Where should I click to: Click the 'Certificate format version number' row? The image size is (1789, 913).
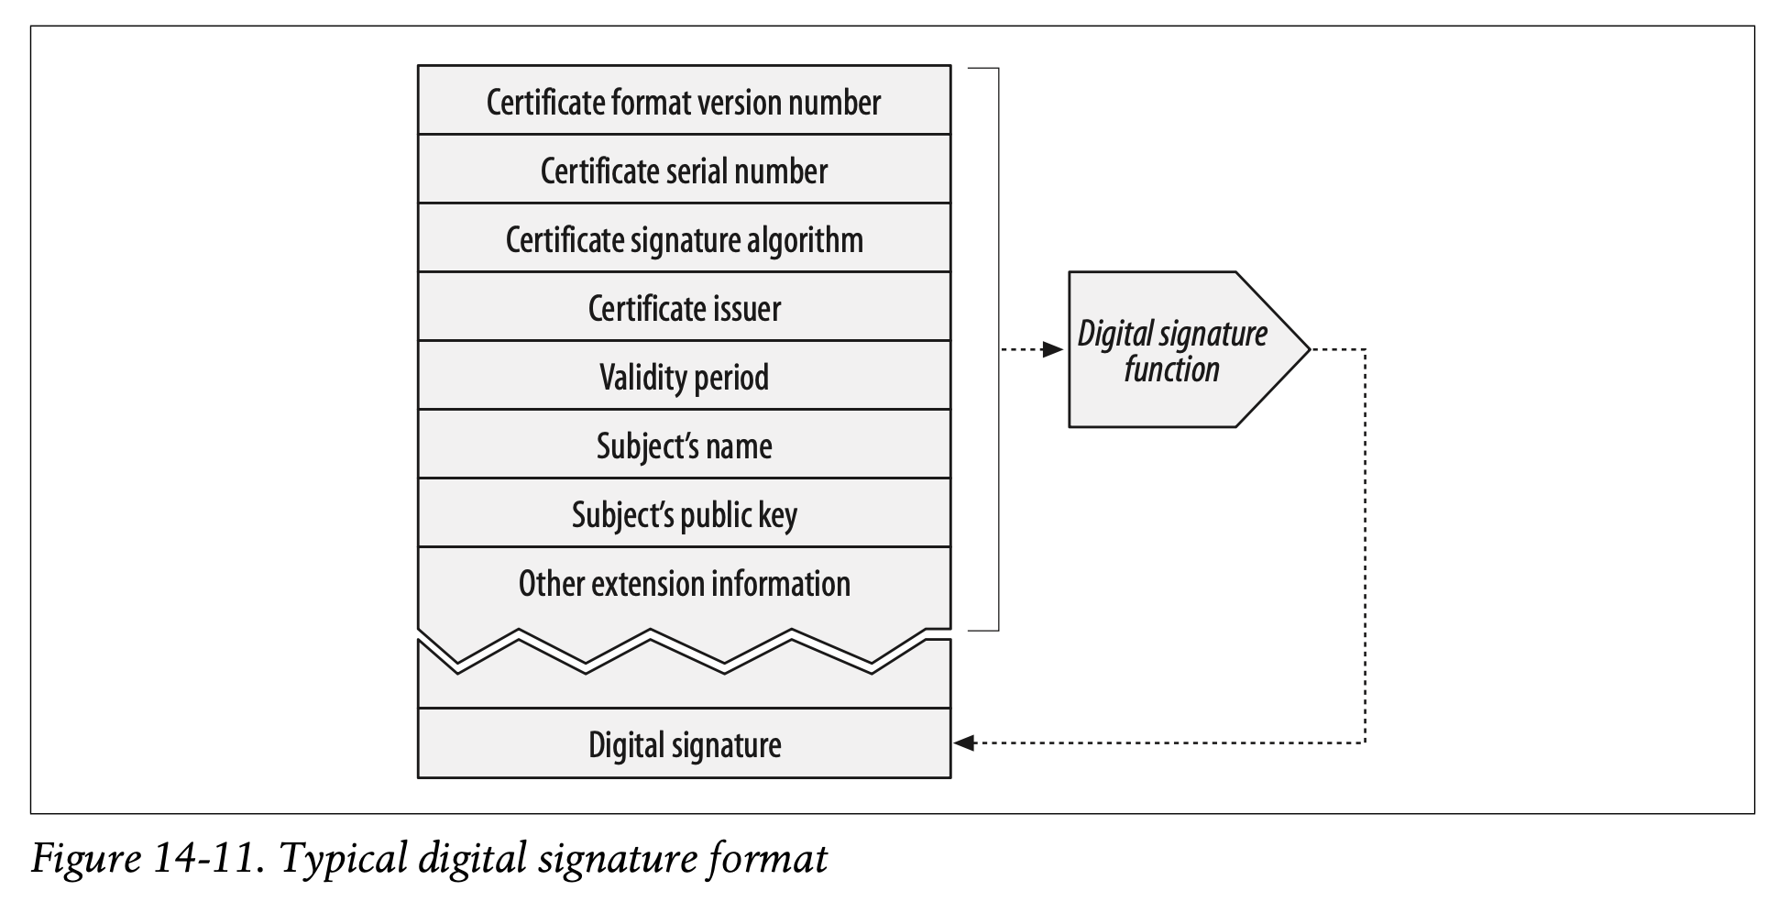tap(684, 102)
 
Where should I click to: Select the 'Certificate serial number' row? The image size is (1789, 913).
tap(684, 170)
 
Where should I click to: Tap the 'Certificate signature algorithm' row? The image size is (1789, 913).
tap(684, 239)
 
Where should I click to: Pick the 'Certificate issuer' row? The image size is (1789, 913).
tap(684, 308)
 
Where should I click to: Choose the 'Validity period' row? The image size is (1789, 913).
tap(684, 377)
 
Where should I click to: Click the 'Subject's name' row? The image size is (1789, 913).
tap(684, 445)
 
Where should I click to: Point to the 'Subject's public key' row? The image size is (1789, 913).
tap(684, 514)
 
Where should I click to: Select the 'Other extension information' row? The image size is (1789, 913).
tap(684, 584)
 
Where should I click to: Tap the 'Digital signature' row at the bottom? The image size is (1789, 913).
tap(684, 744)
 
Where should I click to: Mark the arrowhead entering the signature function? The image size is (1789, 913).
tap(1053, 349)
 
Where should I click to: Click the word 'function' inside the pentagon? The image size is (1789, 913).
tap(1171, 369)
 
